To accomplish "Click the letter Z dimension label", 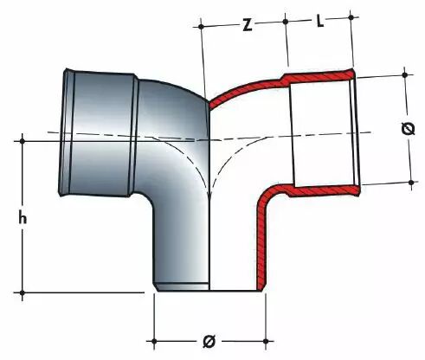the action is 247,25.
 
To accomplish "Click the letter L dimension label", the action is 320,22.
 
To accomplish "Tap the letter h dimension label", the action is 23,217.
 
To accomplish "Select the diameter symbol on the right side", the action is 408,129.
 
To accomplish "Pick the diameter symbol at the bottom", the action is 209,342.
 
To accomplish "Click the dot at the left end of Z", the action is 202,27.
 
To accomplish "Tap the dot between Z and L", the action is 286,22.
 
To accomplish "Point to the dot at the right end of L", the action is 351,17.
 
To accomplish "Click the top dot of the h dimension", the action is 23,141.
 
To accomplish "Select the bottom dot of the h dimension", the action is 23,292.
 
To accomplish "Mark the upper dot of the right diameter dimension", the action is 404,75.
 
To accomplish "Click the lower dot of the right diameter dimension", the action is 411,183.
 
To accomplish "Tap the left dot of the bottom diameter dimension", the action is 154,341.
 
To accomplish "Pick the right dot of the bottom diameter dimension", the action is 266,341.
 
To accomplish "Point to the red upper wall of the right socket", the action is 319,76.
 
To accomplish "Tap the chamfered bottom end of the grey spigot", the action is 181,287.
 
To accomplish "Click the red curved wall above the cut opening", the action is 245,88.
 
